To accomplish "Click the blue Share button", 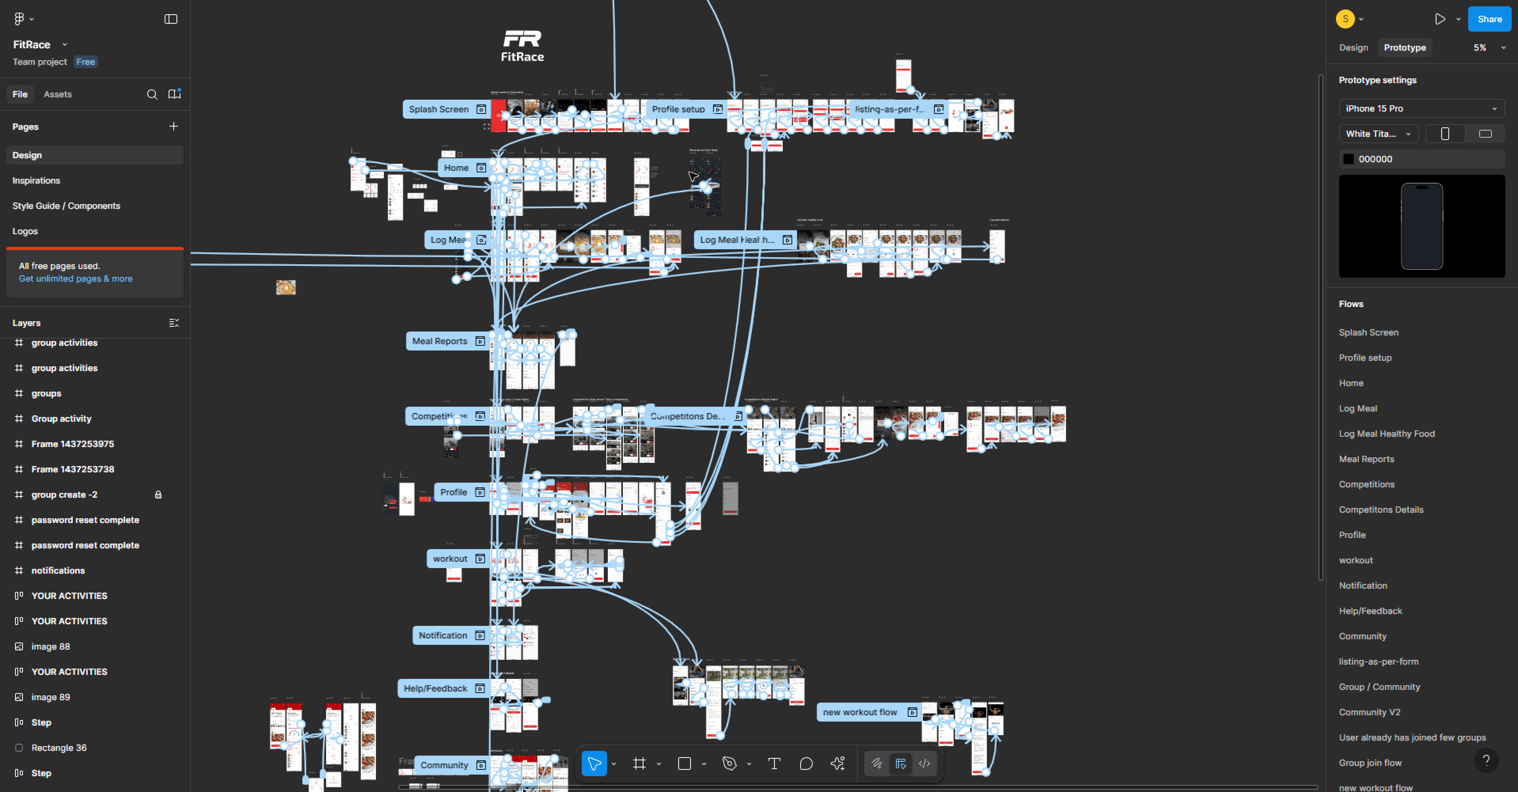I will click(1489, 19).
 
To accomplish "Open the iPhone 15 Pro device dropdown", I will click(1421, 108).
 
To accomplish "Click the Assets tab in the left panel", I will click(57, 94).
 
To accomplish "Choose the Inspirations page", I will click(36, 180).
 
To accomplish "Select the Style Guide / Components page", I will click(66, 206).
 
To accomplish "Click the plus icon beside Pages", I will click(173, 126).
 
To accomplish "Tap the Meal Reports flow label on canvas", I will click(440, 341).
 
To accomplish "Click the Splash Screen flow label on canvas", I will click(439, 109).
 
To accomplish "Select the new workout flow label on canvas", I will click(860, 712).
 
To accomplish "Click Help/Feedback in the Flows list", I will click(1370, 610).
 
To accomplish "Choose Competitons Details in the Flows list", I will click(1381, 509).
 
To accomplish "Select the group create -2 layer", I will click(64, 495).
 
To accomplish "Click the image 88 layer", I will click(51, 646).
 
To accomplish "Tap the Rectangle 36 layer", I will click(59, 748).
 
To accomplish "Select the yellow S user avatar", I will click(1345, 19).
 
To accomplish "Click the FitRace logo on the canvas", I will click(522, 46).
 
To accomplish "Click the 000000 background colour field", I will click(1420, 159).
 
